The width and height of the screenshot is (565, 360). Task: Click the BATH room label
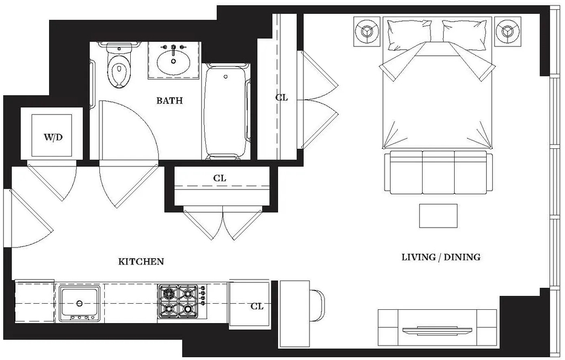pyautogui.click(x=169, y=100)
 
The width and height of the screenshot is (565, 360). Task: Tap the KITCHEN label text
pyautogui.click(x=141, y=261)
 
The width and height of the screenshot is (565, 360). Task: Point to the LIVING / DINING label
pyautogui.click(x=441, y=257)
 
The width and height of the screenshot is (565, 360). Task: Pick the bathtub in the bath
pyautogui.click(x=226, y=111)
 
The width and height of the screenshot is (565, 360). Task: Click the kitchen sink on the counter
pyautogui.click(x=79, y=303)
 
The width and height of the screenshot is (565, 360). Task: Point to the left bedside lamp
pyautogui.click(x=367, y=31)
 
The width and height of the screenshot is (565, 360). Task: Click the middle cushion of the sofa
pyautogui.click(x=438, y=172)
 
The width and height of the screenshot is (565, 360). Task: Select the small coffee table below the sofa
pyautogui.click(x=438, y=216)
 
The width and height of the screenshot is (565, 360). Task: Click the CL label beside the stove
pyautogui.click(x=257, y=306)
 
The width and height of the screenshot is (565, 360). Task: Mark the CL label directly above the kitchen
pyautogui.click(x=220, y=178)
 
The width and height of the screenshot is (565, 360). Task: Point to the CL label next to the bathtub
pyautogui.click(x=282, y=97)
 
